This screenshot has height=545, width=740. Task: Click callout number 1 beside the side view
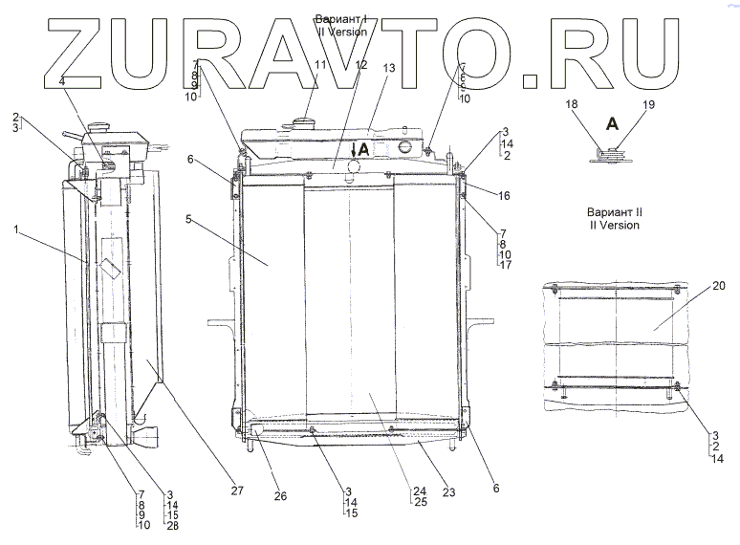[x=16, y=229]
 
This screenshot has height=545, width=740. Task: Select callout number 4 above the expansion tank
[x=62, y=83]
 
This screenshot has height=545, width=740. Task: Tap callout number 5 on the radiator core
[x=189, y=219]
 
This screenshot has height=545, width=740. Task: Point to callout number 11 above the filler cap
[x=319, y=64]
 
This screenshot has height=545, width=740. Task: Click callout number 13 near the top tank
[x=389, y=69]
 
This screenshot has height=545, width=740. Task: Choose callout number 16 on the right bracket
[x=504, y=196]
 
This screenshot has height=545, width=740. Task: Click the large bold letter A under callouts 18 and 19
[x=610, y=122]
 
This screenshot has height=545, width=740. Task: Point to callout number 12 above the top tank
[x=360, y=64]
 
